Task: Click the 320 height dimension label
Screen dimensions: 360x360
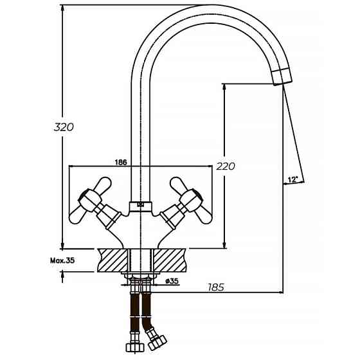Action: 64,127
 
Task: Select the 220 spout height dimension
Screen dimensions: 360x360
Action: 226,166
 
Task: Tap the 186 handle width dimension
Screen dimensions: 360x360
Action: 120,162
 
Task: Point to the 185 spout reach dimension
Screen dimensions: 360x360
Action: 216,287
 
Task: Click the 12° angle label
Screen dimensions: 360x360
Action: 293,180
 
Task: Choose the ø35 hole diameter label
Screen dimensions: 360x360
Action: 172,281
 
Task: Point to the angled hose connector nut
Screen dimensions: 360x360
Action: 157,336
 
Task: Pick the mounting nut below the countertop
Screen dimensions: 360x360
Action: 141,280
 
